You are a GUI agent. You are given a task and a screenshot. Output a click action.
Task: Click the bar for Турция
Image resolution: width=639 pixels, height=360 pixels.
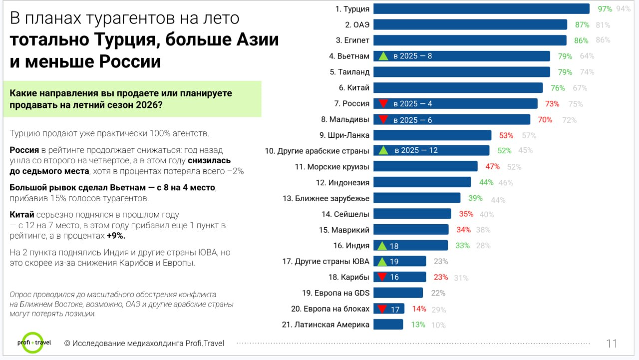tap(481, 9)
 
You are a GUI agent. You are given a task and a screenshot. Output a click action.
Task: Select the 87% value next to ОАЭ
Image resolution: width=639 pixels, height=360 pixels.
tap(582, 24)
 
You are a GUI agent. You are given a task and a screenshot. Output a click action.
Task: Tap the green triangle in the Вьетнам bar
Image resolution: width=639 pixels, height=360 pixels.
tap(383, 56)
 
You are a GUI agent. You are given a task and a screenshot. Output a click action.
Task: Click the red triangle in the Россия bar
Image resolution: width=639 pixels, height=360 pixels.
tap(383, 103)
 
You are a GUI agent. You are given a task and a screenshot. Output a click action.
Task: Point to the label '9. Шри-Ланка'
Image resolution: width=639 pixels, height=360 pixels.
tap(344, 135)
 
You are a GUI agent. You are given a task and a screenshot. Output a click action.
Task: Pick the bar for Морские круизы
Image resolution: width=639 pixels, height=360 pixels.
tap(425, 166)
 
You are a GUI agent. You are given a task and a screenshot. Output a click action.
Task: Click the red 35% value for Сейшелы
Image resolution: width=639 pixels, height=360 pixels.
tap(466, 214)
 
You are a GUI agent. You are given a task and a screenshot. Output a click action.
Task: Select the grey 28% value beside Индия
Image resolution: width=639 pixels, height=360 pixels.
tap(483, 246)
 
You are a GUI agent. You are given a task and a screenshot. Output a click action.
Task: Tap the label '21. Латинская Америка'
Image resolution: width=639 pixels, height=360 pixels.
tap(325, 325)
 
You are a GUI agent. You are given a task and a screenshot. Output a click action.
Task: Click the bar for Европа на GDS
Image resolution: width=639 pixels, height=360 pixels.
tap(398, 293)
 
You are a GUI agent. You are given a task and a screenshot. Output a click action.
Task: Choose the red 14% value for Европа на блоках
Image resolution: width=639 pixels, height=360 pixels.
tap(419, 309)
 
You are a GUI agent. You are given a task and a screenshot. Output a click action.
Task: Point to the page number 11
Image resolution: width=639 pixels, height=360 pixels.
tap(612, 344)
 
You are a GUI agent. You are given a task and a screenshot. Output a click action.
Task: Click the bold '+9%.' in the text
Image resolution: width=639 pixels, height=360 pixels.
tap(116, 236)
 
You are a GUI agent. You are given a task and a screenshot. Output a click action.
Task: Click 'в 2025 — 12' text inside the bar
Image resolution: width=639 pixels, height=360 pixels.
tap(416, 150)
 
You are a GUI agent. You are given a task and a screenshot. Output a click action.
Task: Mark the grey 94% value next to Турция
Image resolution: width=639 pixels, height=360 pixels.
tap(623, 9)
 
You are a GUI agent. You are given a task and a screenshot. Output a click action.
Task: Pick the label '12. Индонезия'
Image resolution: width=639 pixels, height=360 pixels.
tap(342, 182)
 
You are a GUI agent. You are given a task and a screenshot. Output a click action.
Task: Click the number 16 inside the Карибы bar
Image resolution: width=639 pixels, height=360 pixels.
tap(394, 277)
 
